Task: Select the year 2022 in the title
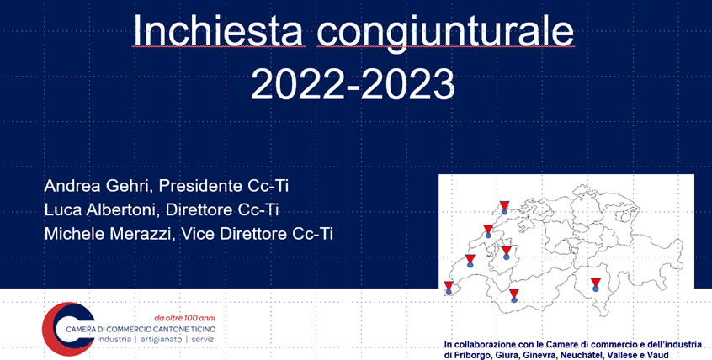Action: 298,84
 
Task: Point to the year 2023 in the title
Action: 408,84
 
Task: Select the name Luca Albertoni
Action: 101,209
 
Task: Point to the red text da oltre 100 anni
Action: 185,318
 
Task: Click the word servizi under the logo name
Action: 204,340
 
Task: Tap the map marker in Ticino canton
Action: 596,284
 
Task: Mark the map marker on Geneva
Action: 449,288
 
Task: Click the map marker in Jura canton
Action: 504,208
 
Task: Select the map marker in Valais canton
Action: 513,295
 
